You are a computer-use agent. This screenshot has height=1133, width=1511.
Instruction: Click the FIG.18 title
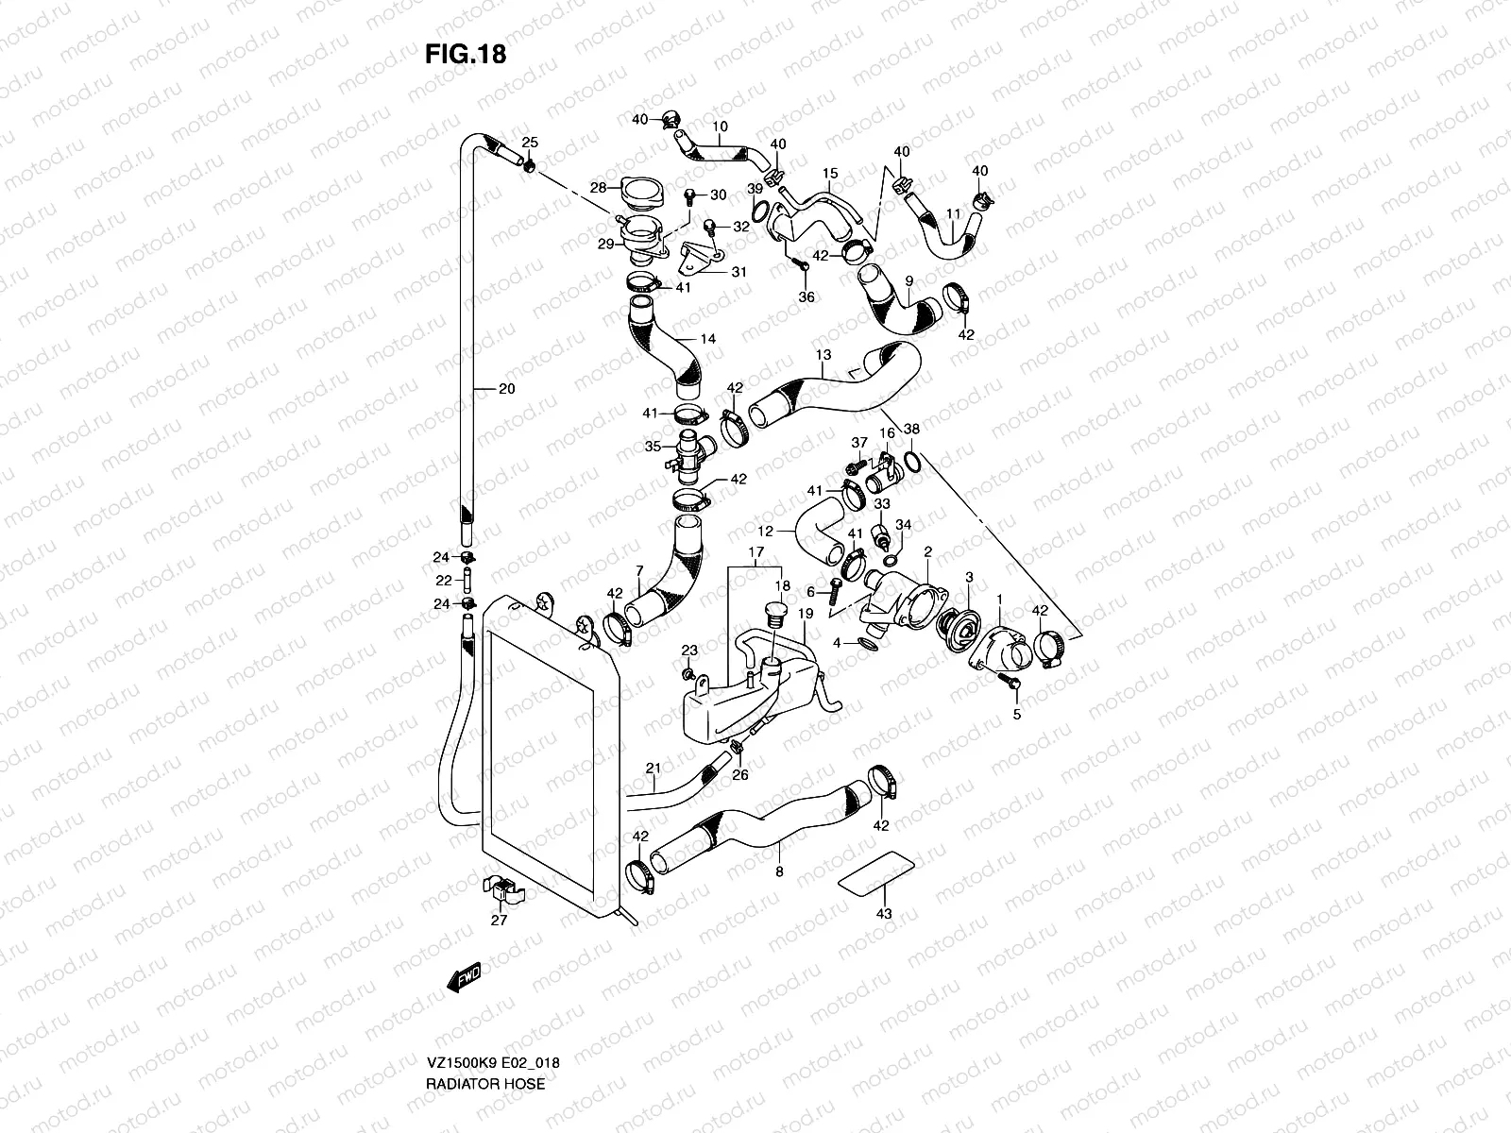465,54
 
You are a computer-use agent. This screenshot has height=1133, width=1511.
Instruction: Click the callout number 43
883,915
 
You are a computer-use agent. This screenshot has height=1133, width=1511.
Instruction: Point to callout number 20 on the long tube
506,388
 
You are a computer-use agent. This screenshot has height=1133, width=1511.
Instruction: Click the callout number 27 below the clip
499,920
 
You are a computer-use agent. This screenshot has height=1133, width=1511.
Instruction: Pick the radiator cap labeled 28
644,194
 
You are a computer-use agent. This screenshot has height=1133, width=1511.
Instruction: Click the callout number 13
823,355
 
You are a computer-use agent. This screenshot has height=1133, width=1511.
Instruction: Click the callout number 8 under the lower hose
779,872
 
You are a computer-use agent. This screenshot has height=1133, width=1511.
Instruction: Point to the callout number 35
652,447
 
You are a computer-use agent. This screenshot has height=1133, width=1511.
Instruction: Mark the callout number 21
653,768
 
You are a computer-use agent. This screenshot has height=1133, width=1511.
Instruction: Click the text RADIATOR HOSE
484,1110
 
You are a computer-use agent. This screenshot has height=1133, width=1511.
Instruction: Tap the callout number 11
954,215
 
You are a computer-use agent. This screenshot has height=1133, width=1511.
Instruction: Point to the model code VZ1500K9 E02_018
492,1090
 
